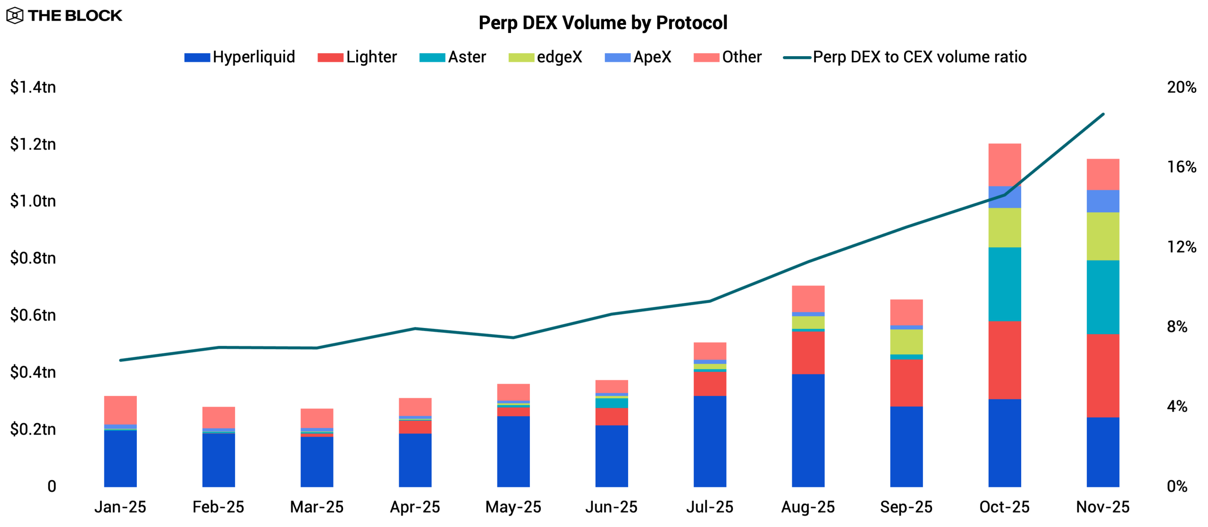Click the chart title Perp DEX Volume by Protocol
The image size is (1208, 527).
point(603,23)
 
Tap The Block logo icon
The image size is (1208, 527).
point(15,16)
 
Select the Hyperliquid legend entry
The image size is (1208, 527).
point(240,57)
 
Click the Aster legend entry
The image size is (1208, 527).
point(453,57)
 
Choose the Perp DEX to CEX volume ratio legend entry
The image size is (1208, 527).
point(905,57)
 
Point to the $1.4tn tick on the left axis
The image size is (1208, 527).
point(33,87)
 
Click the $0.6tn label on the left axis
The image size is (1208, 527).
point(33,315)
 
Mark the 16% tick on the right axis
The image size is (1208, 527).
point(1181,167)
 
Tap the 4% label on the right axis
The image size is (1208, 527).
point(1177,407)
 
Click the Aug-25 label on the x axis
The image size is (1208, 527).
point(808,507)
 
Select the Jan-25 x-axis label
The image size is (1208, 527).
point(120,507)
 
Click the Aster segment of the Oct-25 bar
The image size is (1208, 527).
point(1005,284)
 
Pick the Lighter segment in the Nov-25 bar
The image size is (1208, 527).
point(1103,376)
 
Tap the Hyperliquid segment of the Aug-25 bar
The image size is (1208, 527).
point(808,430)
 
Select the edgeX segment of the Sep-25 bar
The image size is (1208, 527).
point(906,342)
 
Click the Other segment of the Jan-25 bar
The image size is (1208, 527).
point(120,410)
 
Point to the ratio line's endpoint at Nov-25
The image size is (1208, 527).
point(1103,114)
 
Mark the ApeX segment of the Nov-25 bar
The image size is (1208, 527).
point(1103,201)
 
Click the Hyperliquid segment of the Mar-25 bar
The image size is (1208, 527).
point(317,461)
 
